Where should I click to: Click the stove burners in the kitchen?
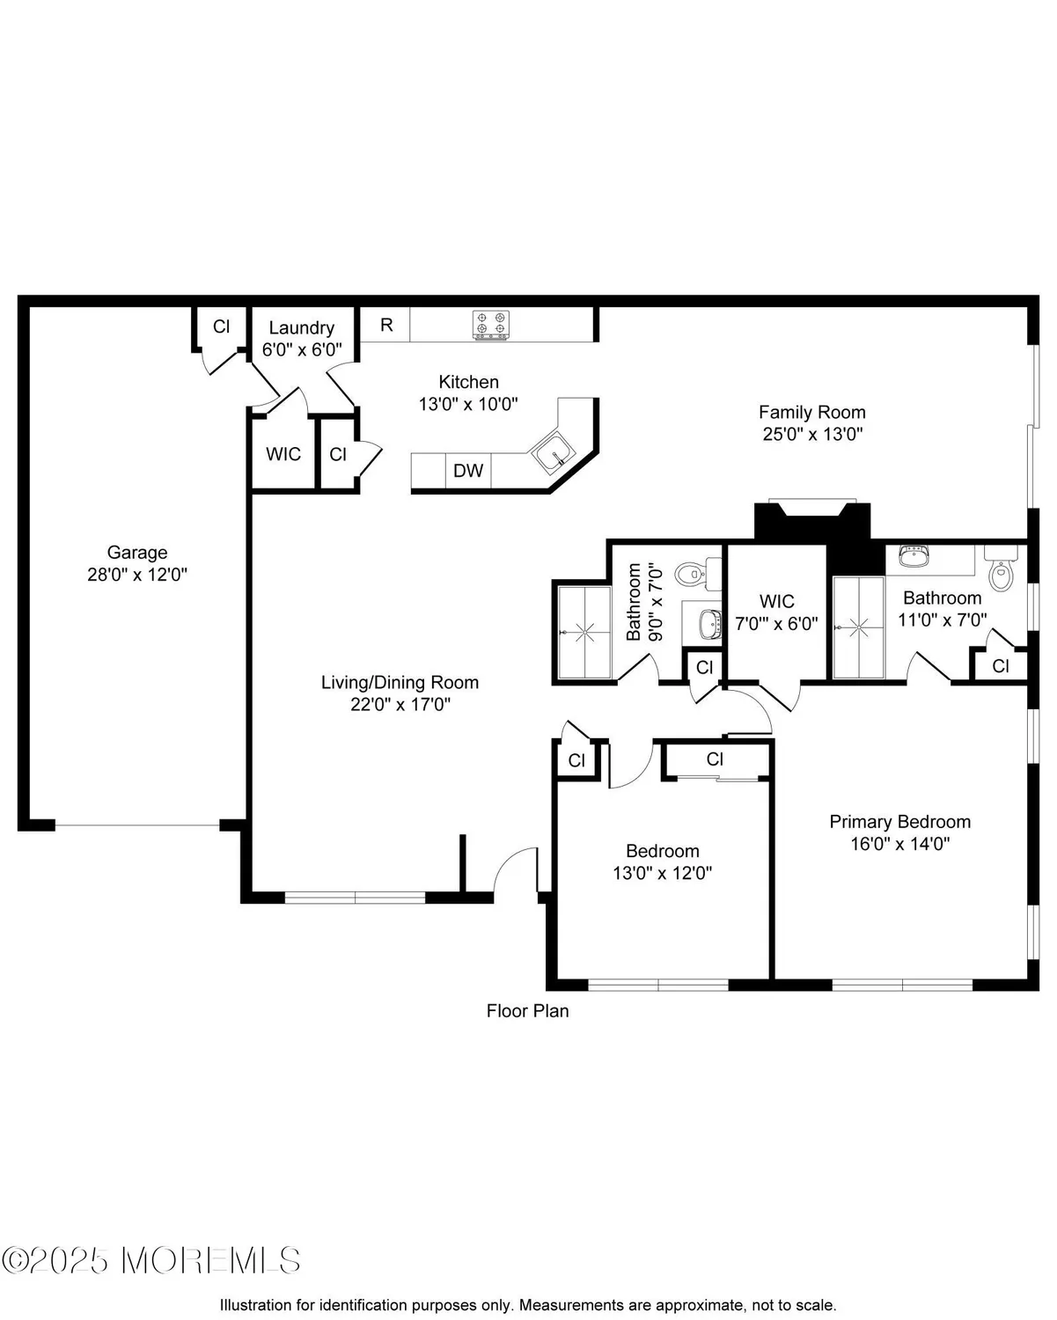pos(491,324)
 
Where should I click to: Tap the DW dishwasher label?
pos(468,471)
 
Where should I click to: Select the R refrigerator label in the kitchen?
pos(386,325)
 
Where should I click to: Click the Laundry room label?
pos(301,328)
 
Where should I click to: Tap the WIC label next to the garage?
pos(283,454)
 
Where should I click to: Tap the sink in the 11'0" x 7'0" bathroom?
pos(914,557)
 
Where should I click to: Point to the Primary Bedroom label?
pos(899,822)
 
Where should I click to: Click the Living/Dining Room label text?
pos(400,682)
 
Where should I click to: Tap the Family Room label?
pos(811,412)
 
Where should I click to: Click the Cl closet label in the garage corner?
pos(221,326)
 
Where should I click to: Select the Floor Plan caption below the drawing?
pos(527,1011)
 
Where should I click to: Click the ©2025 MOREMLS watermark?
pos(151,1260)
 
